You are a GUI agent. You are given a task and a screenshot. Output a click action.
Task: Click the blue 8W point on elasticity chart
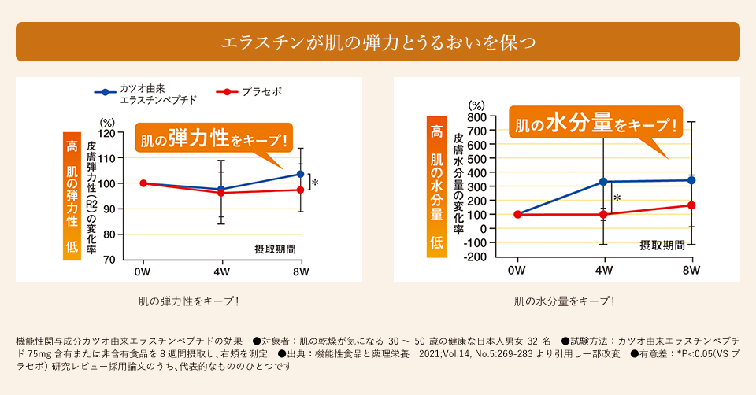[x=300, y=174]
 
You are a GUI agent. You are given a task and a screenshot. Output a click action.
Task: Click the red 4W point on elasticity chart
[x=221, y=193]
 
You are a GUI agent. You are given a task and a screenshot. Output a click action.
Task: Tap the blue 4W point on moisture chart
[x=603, y=182]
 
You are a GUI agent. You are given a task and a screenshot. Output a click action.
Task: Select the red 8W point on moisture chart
[x=691, y=205]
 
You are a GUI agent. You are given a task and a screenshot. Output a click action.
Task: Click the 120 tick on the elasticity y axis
[x=106, y=133]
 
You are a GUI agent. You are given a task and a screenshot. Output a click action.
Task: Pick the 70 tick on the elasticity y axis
[x=109, y=260]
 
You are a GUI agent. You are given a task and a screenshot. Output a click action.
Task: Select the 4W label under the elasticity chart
[x=221, y=271]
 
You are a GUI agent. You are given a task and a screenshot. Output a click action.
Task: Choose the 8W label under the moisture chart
[x=691, y=271]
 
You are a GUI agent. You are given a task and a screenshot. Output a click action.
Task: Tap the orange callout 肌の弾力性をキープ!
[x=213, y=139]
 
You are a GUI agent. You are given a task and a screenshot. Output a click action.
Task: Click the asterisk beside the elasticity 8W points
[x=315, y=183]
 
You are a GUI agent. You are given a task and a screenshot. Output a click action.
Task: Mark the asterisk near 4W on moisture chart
[x=618, y=198]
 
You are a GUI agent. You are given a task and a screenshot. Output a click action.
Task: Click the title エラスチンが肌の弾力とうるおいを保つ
[x=378, y=42]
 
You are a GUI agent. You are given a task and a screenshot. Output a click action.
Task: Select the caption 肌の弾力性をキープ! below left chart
[x=188, y=301]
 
